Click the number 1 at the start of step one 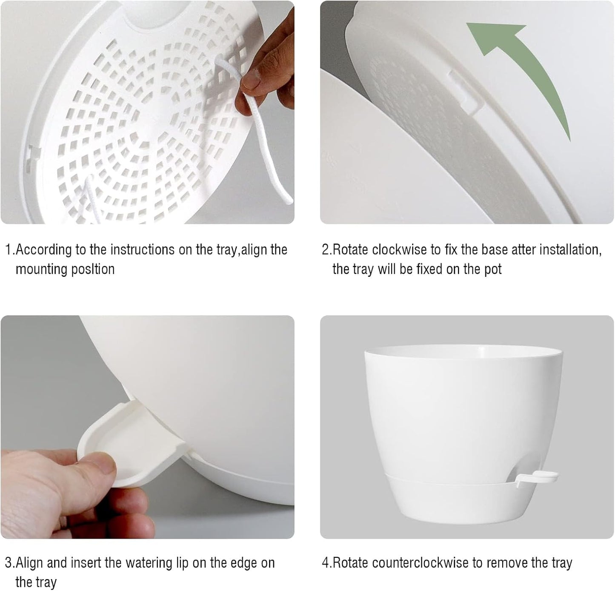pyautogui.click(x=8, y=250)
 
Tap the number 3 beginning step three pyautogui.click(x=8, y=563)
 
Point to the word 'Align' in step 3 pyautogui.click(x=29, y=563)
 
